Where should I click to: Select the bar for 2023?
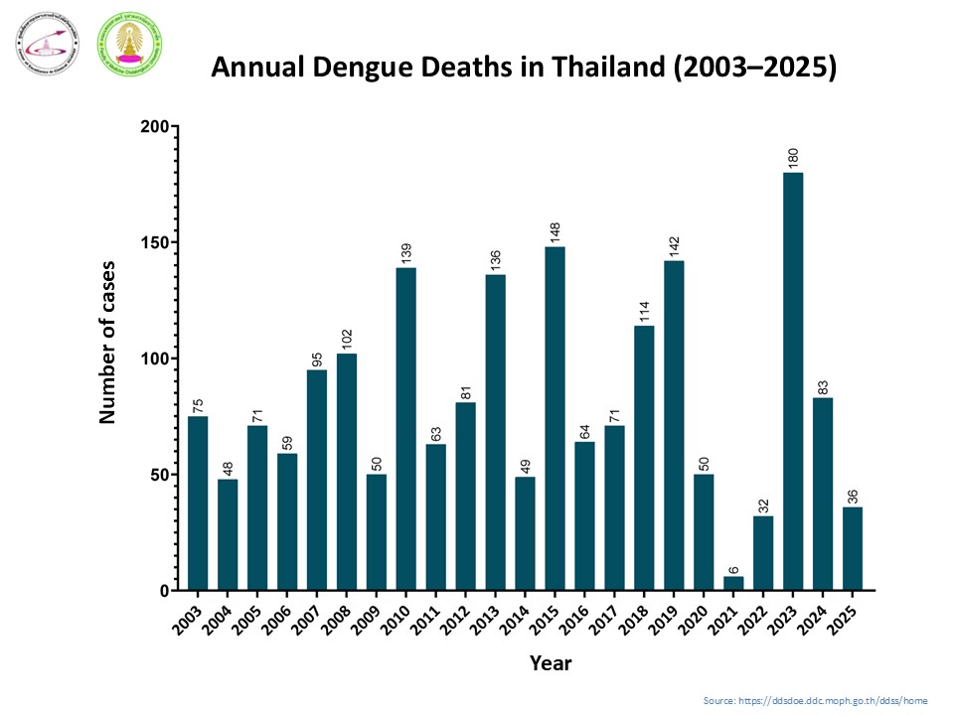pyautogui.click(x=793, y=381)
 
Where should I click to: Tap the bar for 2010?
pyautogui.click(x=405, y=429)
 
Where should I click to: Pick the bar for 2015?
pyautogui.click(x=555, y=418)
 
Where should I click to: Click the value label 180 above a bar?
pyautogui.click(x=793, y=159)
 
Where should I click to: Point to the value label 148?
pyautogui.click(x=555, y=233)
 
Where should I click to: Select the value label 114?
pyautogui.click(x=644, y=312)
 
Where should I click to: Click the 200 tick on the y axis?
pyautogui.click(x=154, y=127)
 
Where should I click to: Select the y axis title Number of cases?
pyautogui.click(x=107, y=343)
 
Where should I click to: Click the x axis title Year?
pyautogui.click(x=550, y=662)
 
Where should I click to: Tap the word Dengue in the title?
pyautogui.click(x=356, y=69)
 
